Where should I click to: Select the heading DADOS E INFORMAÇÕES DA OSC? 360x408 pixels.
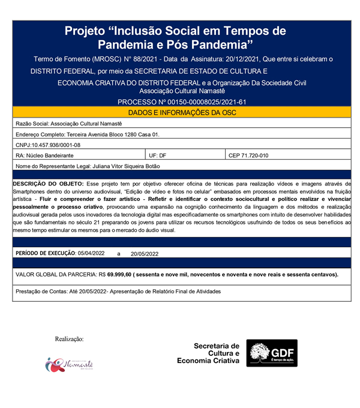tap(180, 112)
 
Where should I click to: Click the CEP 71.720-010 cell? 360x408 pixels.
tap(249, 155)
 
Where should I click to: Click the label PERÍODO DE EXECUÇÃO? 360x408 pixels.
tap(46, 253)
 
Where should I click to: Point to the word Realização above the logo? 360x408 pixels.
tap(69, 339)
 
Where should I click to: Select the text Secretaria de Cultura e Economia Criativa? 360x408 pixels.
tap(208, 353)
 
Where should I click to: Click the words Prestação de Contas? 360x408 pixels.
tap(38, 291)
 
